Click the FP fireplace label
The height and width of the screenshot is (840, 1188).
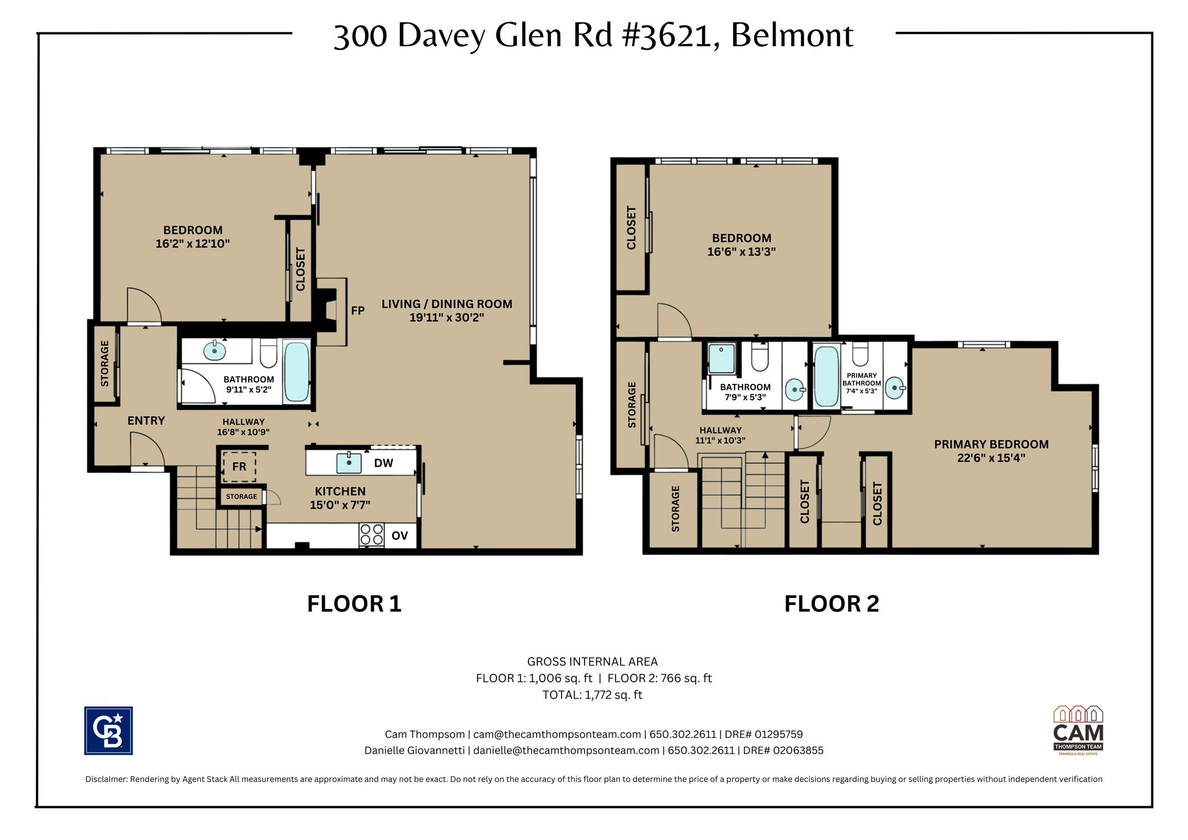(x=357, y=310)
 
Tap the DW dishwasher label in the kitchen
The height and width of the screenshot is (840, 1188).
(x=383, y=463)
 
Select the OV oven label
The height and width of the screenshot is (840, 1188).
(x=400, y=535)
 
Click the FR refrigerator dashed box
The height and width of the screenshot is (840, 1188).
(x=239, y=466)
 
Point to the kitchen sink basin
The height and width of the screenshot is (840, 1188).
(x=349, y=463)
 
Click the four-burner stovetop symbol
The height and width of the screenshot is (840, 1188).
(x=371, y=535)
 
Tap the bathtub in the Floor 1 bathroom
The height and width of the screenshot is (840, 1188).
(x=297, y=371)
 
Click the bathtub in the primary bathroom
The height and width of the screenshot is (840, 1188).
(x=826, y=376)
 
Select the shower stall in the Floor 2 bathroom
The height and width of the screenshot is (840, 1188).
(x=722, y=359)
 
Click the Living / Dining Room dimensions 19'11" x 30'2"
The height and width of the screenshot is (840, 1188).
(x=446, y=317)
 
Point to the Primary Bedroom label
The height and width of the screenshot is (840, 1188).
(x=991, y=444)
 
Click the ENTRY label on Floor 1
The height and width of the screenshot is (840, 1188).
(x=146, y=421)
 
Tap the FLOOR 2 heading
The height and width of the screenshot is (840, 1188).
(x=831, y=604)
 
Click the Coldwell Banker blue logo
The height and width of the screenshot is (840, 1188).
(x=108, y=730)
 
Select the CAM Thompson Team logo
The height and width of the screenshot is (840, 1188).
(x=1078, y=730)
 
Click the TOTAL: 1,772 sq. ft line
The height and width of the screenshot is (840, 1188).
(x=592, y=695)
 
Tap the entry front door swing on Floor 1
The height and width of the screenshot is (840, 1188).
(x=145, y=449)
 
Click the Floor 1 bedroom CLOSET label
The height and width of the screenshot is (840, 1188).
(x=300, y=269)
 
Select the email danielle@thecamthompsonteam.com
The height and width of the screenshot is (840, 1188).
(x=566, y=750)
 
